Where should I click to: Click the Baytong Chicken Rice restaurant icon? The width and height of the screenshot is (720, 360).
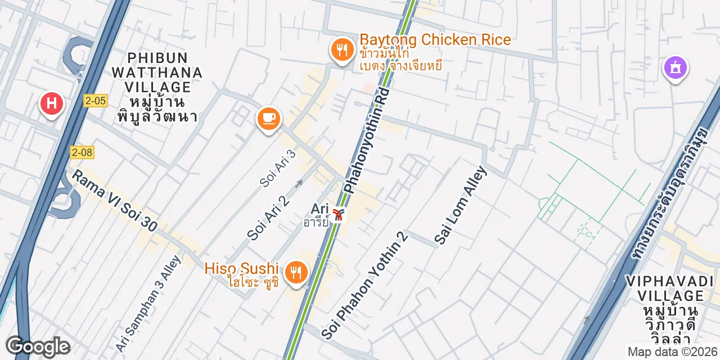341,50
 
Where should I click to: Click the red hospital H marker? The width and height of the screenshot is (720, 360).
51,104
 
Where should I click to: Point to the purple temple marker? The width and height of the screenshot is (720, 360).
675,67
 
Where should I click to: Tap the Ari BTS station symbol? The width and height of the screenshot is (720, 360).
338,214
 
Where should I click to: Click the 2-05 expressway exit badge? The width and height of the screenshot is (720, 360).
95,101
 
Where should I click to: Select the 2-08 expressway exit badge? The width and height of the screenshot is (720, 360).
82,152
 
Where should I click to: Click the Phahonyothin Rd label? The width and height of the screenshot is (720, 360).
366,141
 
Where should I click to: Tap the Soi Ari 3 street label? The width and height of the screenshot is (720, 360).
278,168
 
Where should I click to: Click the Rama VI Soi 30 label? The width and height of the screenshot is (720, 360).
114,200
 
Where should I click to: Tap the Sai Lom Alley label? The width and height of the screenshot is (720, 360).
460,205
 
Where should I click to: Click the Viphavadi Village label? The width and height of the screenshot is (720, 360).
664,310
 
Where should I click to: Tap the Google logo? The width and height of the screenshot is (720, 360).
38,346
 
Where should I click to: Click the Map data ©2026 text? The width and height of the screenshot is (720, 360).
672,352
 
